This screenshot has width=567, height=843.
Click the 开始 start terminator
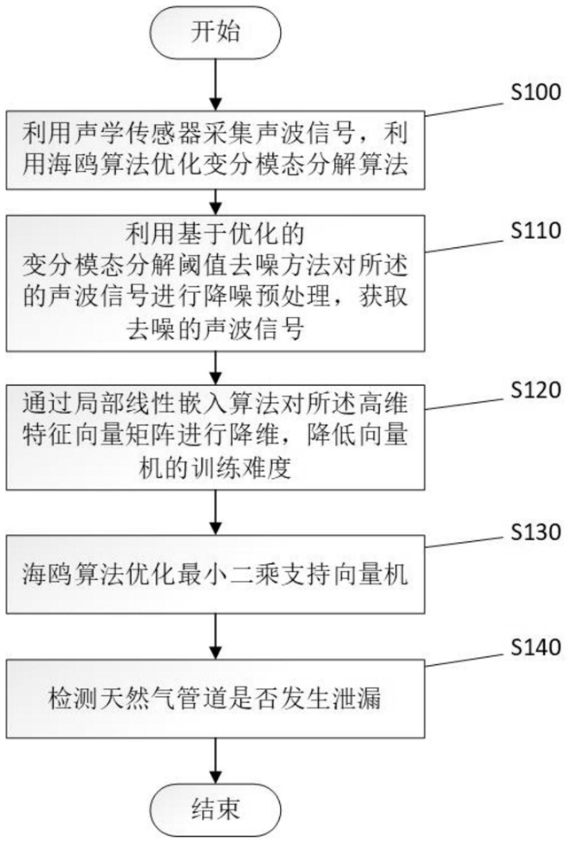[215, 32]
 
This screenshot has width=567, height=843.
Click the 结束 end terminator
[215, 809]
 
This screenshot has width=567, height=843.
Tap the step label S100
[536, 92]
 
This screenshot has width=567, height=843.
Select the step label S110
[536, 230]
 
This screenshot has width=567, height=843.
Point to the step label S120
[536, 390]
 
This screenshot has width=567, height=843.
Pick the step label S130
[536, 531]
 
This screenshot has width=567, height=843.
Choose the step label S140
[536, 646]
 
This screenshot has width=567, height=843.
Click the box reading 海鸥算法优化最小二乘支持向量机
[215, 574]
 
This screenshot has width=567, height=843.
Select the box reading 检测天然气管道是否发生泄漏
[215, 699]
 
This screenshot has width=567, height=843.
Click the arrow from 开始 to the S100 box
[215, 84]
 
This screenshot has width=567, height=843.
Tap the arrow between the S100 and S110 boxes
[215, 202]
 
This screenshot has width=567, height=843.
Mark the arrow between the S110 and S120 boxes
[215, 368]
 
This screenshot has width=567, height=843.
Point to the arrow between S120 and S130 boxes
[215, 513]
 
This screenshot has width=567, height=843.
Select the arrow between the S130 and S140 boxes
[215, 637]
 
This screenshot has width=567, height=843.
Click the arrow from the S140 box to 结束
[215, 761]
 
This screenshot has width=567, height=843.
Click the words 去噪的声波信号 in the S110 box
[215, 328]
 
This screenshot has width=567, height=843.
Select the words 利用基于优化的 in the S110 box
[215, 234]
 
